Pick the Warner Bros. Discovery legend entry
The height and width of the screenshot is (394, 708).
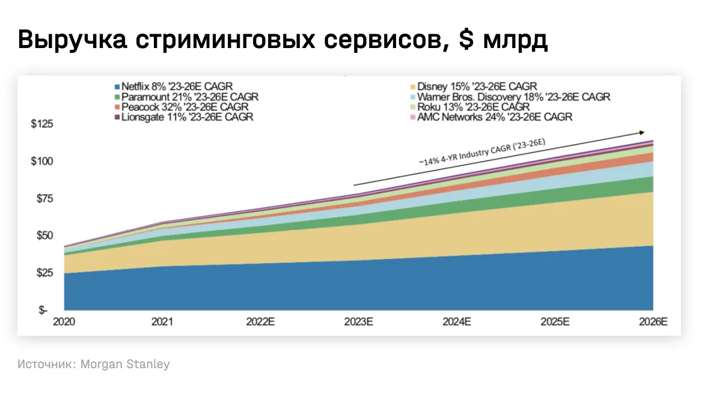(x=514, y=97)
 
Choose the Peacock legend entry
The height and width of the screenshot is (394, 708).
(x=177, y=107)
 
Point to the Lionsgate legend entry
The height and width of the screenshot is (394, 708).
(x=187, y=117)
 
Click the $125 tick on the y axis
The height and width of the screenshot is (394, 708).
(x=41, y=125)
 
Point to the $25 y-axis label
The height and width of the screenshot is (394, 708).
(x=44, y=273)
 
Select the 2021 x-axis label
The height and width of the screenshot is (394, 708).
(x=162, y=322)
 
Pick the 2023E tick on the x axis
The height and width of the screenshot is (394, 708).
(x=359, y=322)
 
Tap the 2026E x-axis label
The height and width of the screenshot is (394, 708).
(x=653, y=322)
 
